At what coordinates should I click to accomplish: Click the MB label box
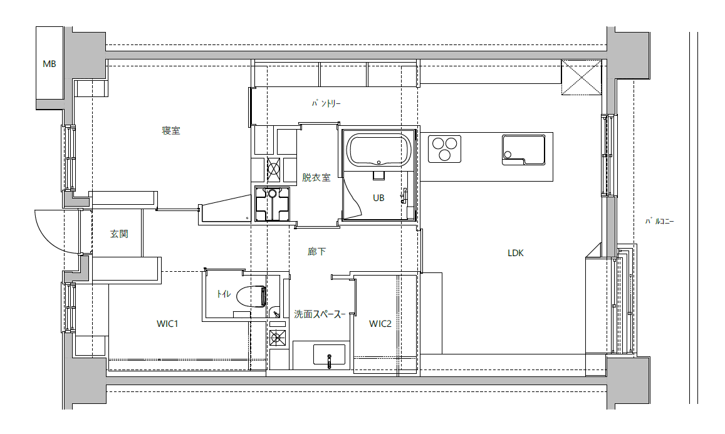[50, 64]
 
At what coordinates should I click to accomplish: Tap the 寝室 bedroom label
[170, 131]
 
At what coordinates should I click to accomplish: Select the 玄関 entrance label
[119, 234]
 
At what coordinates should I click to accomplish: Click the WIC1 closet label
[167, 324]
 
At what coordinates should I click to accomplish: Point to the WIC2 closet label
[380, 324]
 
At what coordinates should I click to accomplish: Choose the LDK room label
[516, 253]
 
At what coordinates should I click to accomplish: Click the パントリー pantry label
[326, 103]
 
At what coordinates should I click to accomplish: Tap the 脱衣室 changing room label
[316, 177]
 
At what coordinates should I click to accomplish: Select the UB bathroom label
[378, 198]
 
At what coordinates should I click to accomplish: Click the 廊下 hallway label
[316, 251]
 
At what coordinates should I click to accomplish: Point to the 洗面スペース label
[320, 314]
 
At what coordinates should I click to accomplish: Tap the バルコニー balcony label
[660, 222]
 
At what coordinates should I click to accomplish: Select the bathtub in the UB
[379, 150]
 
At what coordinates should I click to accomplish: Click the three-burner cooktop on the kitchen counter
[445, 149]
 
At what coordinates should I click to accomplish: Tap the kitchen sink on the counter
[523, 150]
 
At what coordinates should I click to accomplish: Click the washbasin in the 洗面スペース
[329, 354]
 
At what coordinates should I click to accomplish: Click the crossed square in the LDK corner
[582, 77]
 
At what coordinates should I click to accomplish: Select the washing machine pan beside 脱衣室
[273, 204]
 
